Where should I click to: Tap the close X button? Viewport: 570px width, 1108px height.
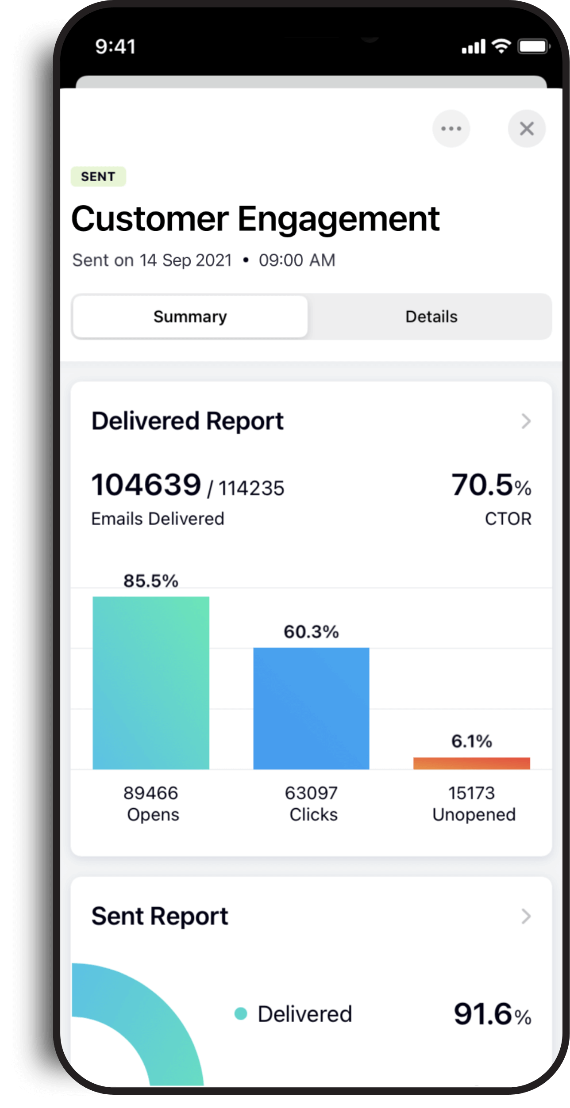(526, 129)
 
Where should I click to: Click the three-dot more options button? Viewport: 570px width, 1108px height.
(451, 129)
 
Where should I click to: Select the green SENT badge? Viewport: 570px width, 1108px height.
(98, 176)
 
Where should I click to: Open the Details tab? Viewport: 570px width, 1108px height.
(431, 317)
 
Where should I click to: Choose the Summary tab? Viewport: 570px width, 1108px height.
(190, 317)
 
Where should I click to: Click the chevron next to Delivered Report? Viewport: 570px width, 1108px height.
(526, 421)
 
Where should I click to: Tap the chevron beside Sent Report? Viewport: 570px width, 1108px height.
(526, 916)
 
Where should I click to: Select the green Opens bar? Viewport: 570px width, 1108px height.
(151, 683)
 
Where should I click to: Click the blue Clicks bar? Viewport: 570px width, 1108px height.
(311, 708)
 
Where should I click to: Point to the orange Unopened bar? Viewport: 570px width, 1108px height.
(471, 763)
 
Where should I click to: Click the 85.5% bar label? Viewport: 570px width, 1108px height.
(151, 581)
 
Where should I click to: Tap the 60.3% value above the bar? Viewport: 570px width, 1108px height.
(311, 632)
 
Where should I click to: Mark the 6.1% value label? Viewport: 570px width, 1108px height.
(471, 741)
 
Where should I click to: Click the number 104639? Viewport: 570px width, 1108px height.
(146, 485)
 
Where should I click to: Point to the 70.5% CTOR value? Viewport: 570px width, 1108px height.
(491, 485)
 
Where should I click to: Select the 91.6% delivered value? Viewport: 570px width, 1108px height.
(492, 1014)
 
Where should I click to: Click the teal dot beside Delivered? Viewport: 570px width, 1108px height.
(241, 1013)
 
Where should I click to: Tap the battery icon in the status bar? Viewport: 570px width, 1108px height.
(534, 46)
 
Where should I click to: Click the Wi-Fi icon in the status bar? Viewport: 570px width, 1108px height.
(502, 46)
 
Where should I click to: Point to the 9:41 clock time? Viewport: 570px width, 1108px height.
(115, 46)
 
